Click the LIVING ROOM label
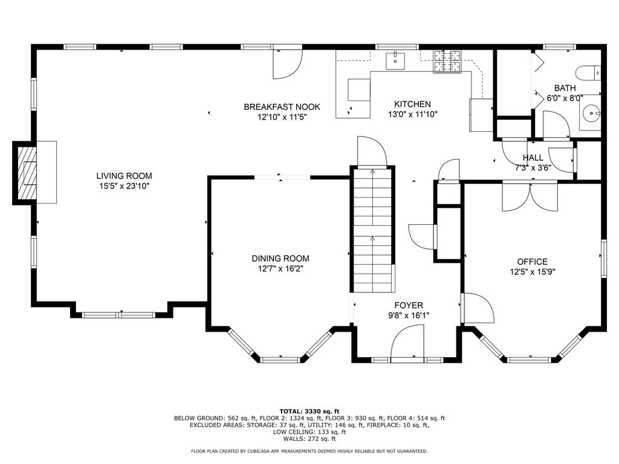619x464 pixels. tap(124, 176)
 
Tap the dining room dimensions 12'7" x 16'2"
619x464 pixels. tap(280, 269)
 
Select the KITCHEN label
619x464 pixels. tap(412, 104)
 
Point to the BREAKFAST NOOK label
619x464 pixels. tap(282, 107)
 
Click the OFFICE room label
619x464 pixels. tap(532, 262)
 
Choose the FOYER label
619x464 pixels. tap(409, 305)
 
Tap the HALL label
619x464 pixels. tap(533, 158)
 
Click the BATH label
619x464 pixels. tap(565, 88)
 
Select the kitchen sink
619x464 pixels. tap(395, 61)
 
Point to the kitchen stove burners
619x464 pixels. tap(447, 62)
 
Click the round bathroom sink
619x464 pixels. tap(591, 113)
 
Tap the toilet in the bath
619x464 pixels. tap(588, 73)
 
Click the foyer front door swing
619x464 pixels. tap(407, 342)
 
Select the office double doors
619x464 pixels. tap(530, 197)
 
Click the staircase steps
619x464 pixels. tap(372, 230)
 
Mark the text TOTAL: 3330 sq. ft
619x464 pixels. tap(309, 411)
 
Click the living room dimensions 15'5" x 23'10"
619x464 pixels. tap(124, 186)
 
